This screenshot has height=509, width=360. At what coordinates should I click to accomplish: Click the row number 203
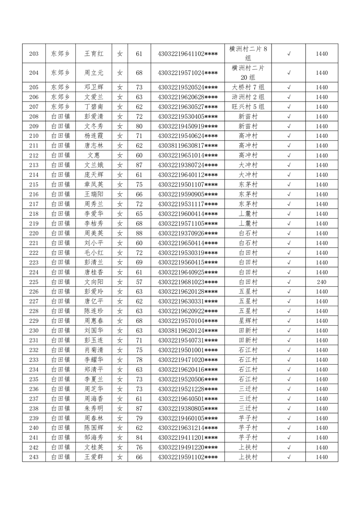click(x=34, y=54)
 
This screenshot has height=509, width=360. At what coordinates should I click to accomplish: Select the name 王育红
click(x=94, y=54)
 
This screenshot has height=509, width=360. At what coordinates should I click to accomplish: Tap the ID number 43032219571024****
click(x=187, y=73)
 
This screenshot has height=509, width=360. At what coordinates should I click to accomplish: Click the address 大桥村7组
click(x=248, y=87)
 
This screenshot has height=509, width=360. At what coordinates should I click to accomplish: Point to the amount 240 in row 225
click(x=321, y=282)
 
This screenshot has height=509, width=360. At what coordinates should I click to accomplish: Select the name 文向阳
click(x=94, y=282)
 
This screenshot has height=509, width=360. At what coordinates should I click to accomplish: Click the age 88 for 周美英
click(x=139, y=233)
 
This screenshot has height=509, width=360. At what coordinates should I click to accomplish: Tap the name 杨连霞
click(x=94, y=136)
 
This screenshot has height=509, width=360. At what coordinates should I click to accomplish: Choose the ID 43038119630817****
click(x=187, y=146)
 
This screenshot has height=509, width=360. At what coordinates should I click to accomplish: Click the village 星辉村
click(x=248, y=321)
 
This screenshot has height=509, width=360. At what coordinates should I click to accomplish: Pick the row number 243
click(x=34, y=457)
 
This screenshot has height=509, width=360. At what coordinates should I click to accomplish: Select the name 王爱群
click(x=94, y=457)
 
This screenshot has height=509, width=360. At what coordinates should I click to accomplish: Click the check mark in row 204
click(x=289, y=73)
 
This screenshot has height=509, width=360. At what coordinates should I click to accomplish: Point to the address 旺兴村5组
click(x=248, y=107)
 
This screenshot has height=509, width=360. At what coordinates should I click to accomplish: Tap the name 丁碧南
click(x=94, y=107)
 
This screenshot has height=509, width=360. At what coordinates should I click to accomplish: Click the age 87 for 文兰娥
click(x=139, y=165)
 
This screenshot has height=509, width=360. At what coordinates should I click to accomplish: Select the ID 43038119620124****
click(x=187, y=330)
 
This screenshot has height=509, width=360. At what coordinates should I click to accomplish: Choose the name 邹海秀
click(x=94, y=437)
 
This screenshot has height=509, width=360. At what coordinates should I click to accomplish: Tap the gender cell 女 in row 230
click(x=120, y=330)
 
